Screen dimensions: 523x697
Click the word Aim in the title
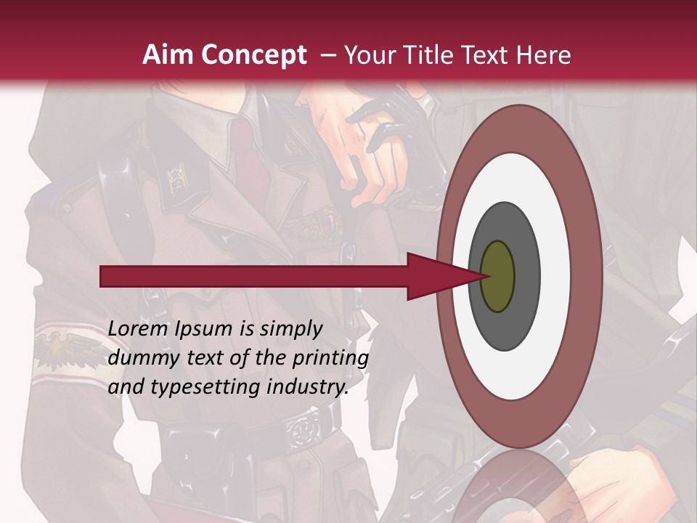(x=168, y=55)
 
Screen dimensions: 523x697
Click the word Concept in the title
(x=253, y=55)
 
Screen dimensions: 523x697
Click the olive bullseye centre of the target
(x=498, y=276)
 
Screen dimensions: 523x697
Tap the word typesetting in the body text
(x=191, y=388)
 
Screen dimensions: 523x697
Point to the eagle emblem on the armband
(x=57, y=348)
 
